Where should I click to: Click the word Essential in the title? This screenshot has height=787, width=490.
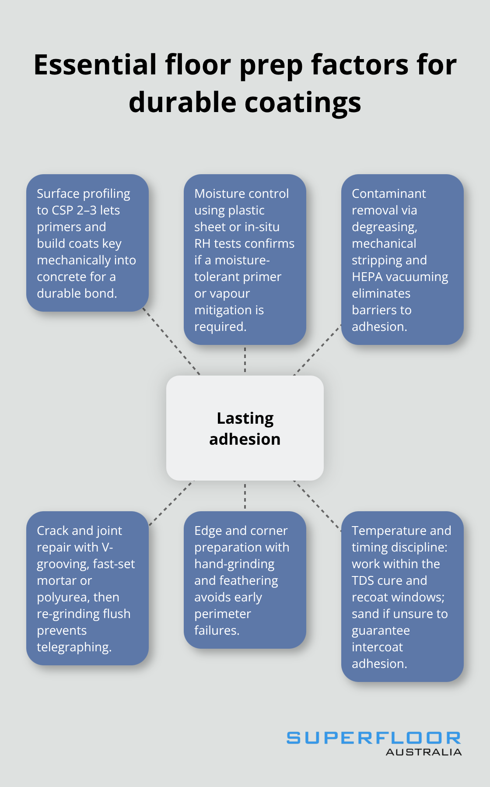[x=95, y=65]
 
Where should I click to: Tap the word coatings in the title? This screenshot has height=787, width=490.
[x=302, y=102]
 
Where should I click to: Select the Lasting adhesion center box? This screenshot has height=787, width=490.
[x=245, y=428]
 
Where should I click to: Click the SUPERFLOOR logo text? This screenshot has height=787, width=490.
[x=373, y=738]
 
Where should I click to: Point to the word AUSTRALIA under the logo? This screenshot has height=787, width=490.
[x=423, y=752]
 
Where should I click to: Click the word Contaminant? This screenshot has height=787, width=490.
[x=388, y=194]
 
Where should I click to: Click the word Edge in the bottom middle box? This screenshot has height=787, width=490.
[x=207, y=531]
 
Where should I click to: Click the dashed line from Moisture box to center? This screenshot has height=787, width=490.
[x=245, y=360]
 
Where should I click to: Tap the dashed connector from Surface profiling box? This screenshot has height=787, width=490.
[x=171, y=343]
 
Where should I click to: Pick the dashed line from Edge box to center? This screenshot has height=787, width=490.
[x=245, y=496]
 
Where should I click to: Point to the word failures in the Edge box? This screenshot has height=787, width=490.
[x=217, y=631]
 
